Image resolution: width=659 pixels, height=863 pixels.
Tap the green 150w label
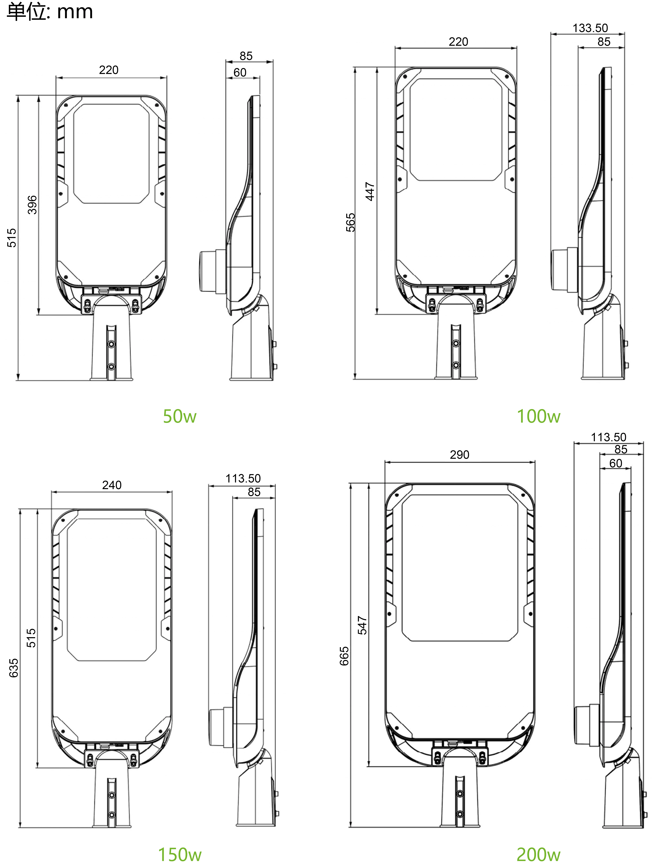coord(180,854)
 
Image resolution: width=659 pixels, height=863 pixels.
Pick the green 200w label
coord(539,854)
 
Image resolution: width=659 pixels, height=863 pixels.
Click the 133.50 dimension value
coord(590,28)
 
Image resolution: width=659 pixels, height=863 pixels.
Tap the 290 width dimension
coord(459,455)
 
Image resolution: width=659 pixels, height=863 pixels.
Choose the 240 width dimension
coord(112,485)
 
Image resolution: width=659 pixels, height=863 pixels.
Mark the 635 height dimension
coord(13,668)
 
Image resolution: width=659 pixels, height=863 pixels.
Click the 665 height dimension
coord(344,656)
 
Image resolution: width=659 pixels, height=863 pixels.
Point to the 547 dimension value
coord(362,625)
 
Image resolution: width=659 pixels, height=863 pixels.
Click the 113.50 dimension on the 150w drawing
coord(243,478)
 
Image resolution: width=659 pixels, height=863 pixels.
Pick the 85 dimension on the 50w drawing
coord(246,56)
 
